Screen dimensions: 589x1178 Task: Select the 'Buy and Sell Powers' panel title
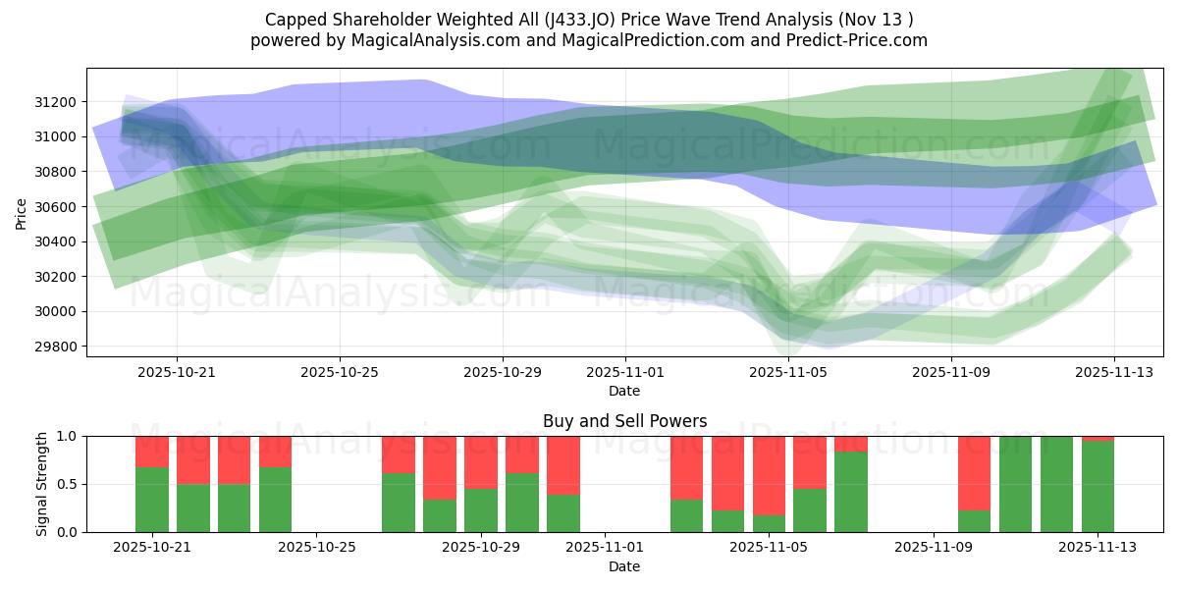tap(624, 421)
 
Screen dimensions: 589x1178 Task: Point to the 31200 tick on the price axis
tap(58, 102)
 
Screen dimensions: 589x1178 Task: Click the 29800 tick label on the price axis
tap(58, 347)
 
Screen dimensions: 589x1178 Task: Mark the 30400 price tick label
tap(58, 241)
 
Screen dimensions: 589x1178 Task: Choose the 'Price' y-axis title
tap(22, 212)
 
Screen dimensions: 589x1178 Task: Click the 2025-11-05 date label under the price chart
tap(787, 373)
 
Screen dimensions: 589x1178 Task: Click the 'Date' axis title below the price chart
tap(624, 391)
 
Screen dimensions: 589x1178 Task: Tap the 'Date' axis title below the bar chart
tap(624, 566)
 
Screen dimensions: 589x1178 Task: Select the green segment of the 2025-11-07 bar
tap(851, 491)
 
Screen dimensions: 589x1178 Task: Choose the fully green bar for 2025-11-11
tap(1015, 484)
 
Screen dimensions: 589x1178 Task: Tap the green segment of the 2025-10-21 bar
tap(152, 499)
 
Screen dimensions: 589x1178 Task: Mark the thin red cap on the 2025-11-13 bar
tap(1098, 438)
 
